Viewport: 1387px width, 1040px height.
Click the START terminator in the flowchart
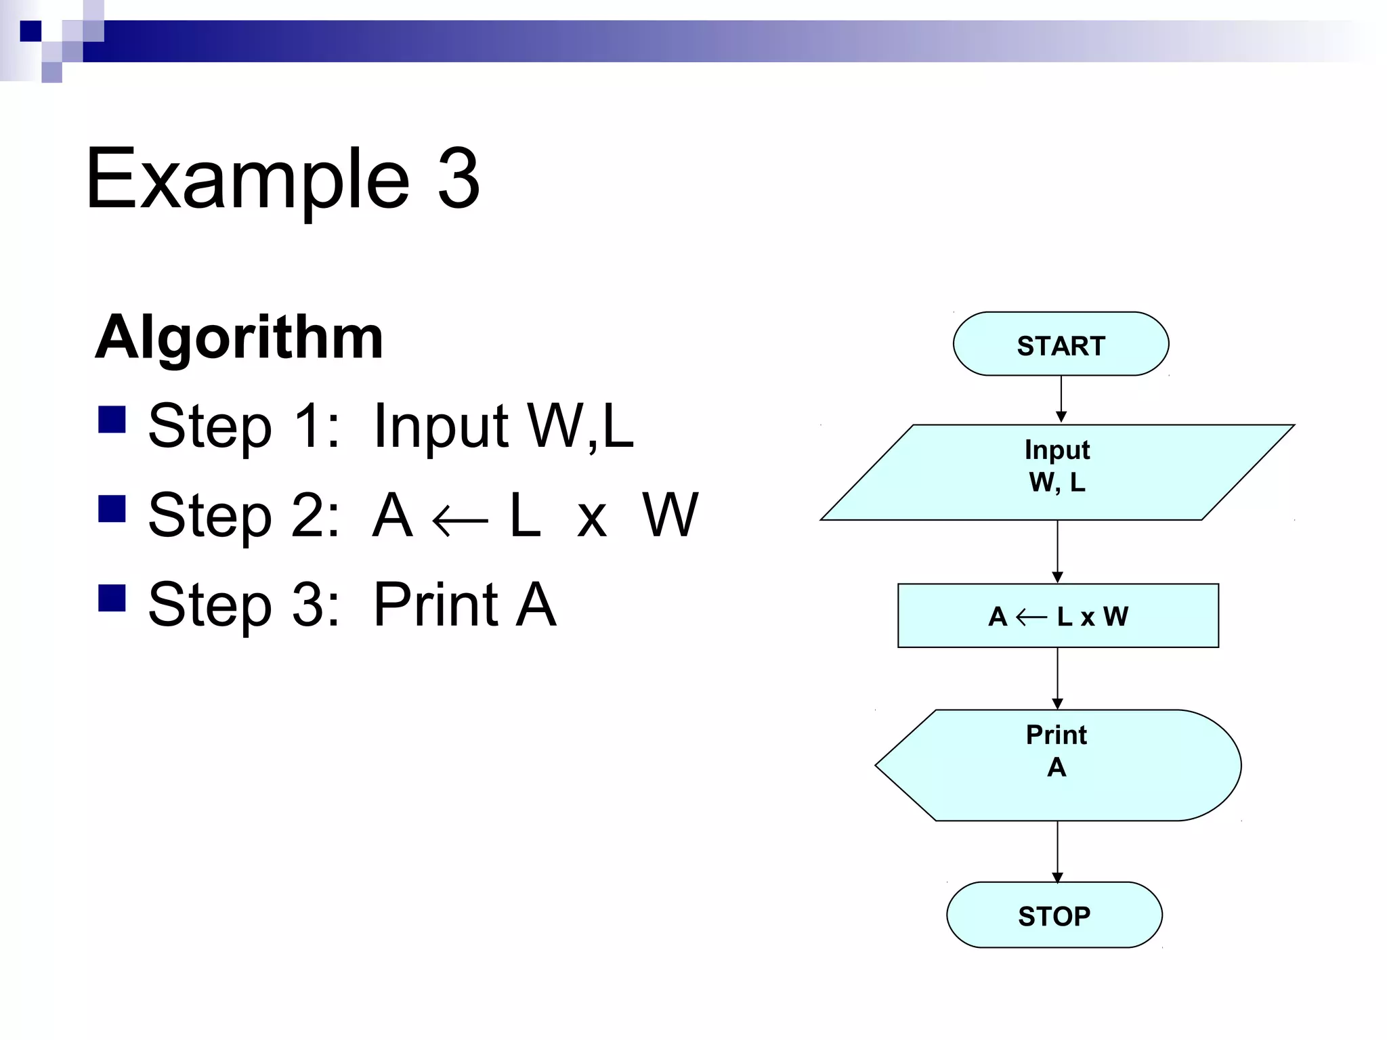click(x=1061, y=344)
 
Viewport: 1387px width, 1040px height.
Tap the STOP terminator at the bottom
click(x=1054, y=915)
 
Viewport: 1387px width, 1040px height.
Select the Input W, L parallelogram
click(x=1057, y=472)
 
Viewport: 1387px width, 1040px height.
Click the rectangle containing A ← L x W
click(x=1058, y=615)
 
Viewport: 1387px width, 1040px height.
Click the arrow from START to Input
click(x=1061, y=399)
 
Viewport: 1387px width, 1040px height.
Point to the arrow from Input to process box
click(x=1057, y=551)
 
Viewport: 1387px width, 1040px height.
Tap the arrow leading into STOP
click(x=1057, y=851)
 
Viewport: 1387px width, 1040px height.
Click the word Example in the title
click(x=248, y=179)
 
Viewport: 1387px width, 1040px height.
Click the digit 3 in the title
click(x=458, y=179)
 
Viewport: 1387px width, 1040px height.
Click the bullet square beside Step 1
click(x=112, y=419)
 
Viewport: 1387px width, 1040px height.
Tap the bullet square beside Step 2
click(x=112, y=508)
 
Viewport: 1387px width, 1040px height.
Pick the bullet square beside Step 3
click(x=112, y=598)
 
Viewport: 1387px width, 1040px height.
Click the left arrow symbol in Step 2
click(x=460, y=521)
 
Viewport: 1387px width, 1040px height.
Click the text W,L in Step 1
click(x=580, y=426)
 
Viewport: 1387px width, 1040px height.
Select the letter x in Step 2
click(x=591, y=521)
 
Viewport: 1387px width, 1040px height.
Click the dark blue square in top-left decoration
click(x=30, y=31)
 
